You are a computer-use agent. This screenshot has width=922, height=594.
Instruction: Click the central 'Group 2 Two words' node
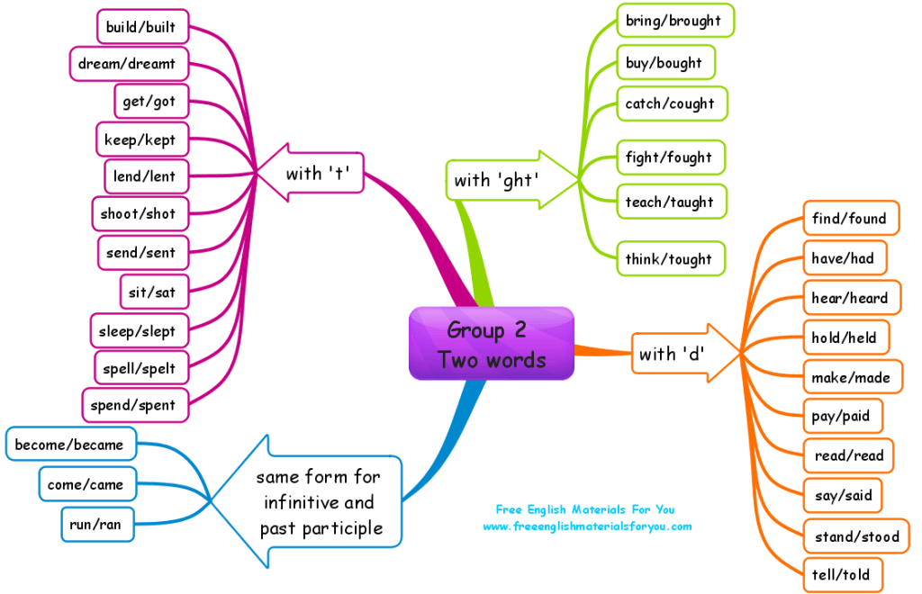click(492, 344)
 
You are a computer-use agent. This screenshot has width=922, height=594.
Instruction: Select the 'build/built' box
click(142, 27)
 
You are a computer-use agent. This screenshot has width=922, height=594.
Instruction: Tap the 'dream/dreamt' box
click(129, 64)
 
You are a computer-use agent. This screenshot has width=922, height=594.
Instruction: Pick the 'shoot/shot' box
click(139, 213)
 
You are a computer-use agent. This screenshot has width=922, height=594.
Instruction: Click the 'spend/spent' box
click(133, 405)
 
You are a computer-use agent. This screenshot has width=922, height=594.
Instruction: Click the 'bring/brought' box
click(674, 20)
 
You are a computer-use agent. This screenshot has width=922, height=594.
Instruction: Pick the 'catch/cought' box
click(670, 103)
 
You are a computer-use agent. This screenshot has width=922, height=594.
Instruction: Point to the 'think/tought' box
click(668, 259)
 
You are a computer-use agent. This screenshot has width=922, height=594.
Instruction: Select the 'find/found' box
click(849, 218)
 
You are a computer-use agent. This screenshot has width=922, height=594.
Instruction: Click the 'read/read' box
click(849, 455)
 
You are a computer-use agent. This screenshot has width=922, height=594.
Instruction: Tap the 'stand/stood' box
click(855, 536)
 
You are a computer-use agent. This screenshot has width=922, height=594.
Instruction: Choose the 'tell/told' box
click(841, 575)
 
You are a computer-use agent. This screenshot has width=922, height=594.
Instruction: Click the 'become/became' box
click(69, 445)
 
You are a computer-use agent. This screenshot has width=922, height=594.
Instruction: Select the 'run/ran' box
click(96, 524)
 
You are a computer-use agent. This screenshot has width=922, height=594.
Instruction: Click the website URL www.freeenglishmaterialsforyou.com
click(587, 526)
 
